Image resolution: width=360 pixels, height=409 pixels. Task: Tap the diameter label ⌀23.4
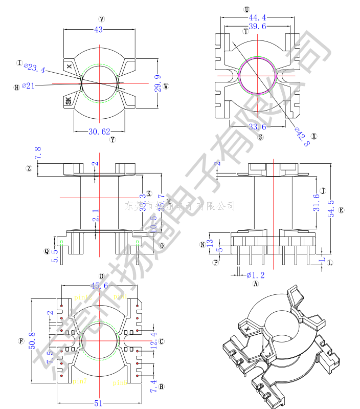(35, 68)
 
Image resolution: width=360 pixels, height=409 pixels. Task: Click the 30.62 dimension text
(99, 132)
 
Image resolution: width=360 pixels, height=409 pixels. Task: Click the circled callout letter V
(101, 19)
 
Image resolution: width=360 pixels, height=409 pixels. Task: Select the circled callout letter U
(246, 10)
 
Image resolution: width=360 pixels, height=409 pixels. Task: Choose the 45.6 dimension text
(99, 286)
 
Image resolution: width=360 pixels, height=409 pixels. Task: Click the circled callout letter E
(341, 210)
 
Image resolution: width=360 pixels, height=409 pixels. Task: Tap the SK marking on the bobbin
(69, 101)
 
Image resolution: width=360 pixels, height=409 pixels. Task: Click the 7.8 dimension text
(37, 152)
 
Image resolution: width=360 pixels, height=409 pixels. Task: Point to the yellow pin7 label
(79, 382)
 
